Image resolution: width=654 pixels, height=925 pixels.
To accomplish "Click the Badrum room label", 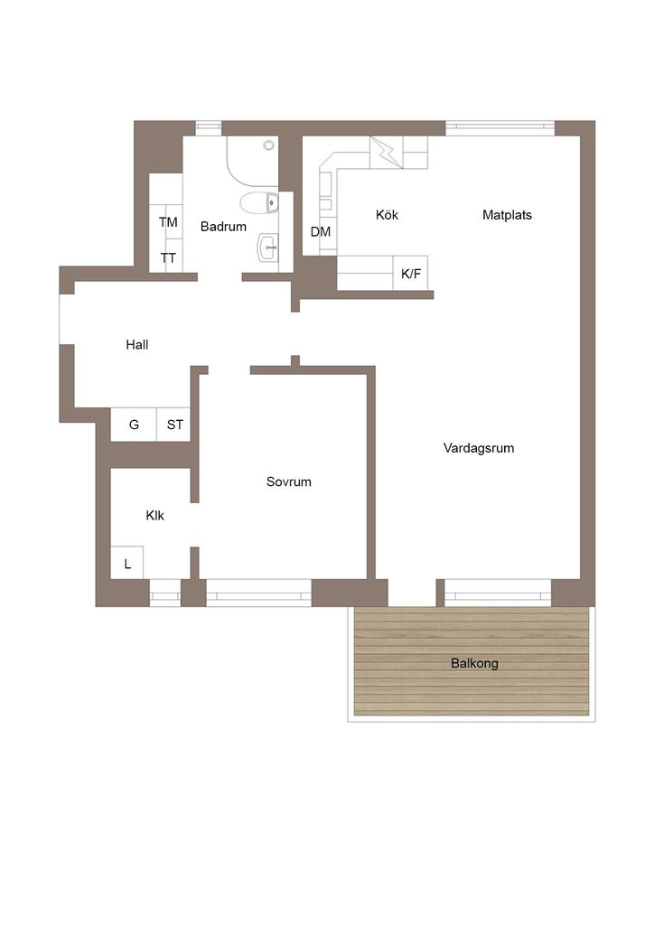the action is tap(223, 227).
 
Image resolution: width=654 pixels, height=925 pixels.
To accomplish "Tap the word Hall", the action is tap(136, 344).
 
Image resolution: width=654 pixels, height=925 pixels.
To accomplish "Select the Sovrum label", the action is tap(288, 482).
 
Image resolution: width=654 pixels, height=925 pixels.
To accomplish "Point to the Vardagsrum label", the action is tap(478, 448).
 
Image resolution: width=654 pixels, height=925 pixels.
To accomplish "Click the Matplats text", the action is tap(507, 215).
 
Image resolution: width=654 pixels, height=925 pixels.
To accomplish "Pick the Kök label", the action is tap(387, 215).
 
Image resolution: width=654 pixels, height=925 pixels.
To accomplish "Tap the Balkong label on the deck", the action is tap(474, 664).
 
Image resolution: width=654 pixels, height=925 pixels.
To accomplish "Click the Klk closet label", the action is tap(154, 516).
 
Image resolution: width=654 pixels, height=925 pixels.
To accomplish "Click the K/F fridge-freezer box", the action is tap(410, 273).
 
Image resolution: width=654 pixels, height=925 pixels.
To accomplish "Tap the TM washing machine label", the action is tap(168, 222).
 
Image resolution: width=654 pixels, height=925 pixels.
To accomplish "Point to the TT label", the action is tap(168, 258).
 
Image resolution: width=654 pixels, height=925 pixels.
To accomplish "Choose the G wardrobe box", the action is tap(134, 425).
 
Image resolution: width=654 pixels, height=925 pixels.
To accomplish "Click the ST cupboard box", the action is tap(173, 425).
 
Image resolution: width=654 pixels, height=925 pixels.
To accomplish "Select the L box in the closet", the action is tap(126, 563).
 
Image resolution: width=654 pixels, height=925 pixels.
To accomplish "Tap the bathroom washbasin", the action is tap(267, 247).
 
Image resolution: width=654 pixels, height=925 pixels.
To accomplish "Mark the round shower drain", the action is tap(269, 145).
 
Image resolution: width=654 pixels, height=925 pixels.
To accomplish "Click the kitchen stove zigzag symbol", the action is tap(387, 153).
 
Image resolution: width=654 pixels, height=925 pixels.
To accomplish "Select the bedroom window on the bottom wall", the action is tap(259, 593).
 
